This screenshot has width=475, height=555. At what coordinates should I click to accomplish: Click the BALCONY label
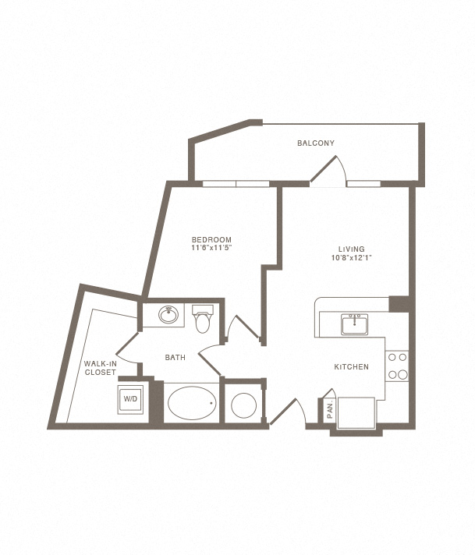point(316,143)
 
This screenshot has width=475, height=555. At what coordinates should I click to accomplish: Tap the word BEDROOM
point(213,239)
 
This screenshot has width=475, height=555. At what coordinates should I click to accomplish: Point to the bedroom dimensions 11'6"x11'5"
point(213,248)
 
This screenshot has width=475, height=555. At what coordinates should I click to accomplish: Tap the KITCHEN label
point(351,367)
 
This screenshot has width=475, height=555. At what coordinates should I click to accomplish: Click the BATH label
point(175,358)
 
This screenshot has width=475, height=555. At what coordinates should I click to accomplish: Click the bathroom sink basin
point(168,316)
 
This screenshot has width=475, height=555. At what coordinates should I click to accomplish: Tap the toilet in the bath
point(203,320)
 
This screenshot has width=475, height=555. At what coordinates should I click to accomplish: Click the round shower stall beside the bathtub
point(244,406)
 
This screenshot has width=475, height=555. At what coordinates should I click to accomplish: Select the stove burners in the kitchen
point(398,366)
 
